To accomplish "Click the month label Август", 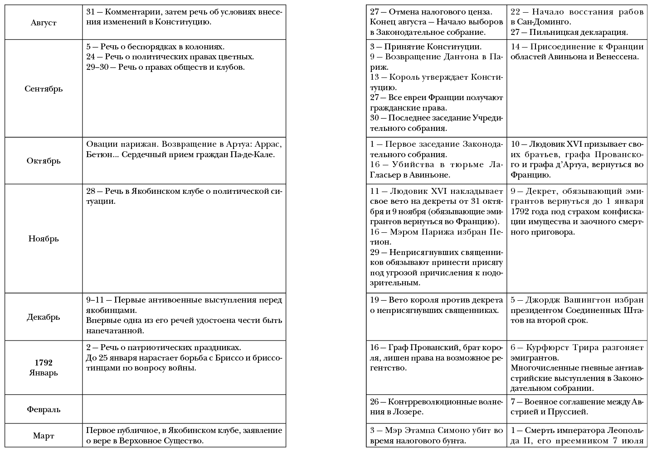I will [x=44, y=23].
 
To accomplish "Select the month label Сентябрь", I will [x=44, y=89].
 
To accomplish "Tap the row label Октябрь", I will [x=44, y=161].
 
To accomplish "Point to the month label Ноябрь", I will [x=44, y=239].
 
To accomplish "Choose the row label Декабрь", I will [x=44, y=317].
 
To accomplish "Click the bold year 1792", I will [x=44, y=363].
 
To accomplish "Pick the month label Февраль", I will [x=44, y=409].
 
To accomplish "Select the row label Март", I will [x=44, y=436].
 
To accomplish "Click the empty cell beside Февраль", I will [x=184, y=409].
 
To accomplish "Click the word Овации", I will [x=100, y=144].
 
